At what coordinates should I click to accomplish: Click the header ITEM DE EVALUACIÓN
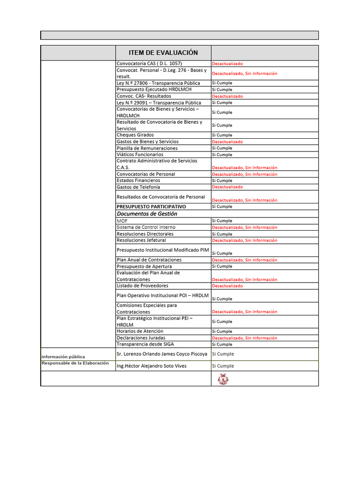pyautogui.click(x=163, y=52)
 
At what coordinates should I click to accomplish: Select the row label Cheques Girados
pyautogui.click(x=135, y=135)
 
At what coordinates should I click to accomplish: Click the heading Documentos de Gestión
pyautogui.click(x=147, y=214)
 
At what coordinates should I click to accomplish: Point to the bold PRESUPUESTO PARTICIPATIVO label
pyautogui.click(x=151, y=207)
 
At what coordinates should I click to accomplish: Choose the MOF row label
pyautogui.click(x=122, y=220)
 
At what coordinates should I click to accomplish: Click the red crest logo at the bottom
pyautogui.click(x=223, y=379)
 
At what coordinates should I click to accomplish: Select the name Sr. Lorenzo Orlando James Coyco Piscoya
pyautogui.click(x=162, y=354)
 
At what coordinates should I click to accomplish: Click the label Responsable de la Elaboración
pyautogui.click(x=75, y=363)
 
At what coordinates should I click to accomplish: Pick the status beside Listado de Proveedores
pyautogui.click(x=227, y=286)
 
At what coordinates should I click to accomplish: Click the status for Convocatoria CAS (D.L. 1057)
pyautogui.click(x=227, y=64)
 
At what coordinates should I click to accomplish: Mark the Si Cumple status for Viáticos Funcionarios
pyautogui.click(x=222, y=155)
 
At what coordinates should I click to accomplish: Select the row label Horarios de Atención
pyautogui.click(x=140, y=331)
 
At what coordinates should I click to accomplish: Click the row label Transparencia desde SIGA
pyautogui.click(x=144, y=344)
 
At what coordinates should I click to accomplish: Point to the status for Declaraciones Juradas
pyautogui.click(x=244, y=338)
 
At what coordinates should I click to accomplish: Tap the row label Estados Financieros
pyautogui.click(x=138, y=180)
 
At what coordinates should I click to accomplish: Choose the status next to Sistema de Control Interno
pyautogui.click(x=244, y=227)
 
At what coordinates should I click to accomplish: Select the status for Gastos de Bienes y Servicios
pyautogui.click(x=227, y=142)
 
